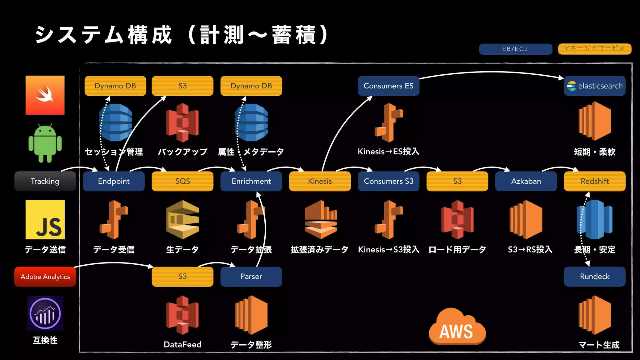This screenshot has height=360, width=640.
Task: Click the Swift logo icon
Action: click(x=45, y=95)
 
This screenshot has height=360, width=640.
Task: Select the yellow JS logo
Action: click(x=45, y=220)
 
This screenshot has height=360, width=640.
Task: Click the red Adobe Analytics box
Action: click(x=45, y=277)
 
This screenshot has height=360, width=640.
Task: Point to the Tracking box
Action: click(x=45, y=181)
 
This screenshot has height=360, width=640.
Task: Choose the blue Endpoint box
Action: click(x=114, y=181)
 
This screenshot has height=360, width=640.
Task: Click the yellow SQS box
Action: click(x=182, y=181)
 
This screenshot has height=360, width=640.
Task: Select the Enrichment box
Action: click(x=251, y=181)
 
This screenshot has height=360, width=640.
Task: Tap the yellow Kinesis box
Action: click(x=320, y=181)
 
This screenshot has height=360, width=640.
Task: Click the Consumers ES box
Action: click(x=388, y=86)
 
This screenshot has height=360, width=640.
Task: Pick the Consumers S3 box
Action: click(x=388, y=181)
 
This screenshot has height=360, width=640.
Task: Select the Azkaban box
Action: click(x=526, y=181)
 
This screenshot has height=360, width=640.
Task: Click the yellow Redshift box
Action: click(x=595, y=181)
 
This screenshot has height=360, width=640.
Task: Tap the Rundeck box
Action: click(x=595, y=277)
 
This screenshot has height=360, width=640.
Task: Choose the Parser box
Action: click(x=251, y=277)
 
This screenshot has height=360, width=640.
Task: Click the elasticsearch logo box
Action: click(x=595, y=86)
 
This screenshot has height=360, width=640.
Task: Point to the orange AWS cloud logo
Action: click(x=457, y=327)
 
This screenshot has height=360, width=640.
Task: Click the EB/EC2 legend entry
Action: click(x=515, y=49)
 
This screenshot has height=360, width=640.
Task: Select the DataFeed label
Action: click(x=182, y=344)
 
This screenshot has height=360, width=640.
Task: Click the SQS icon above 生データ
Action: click(x=182, y=220)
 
